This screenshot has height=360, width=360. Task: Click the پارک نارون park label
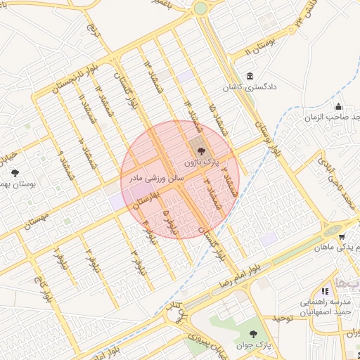point(199,162)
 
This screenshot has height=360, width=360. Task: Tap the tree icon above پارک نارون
point(200,150)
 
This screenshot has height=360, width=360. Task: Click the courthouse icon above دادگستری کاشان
point(250,77)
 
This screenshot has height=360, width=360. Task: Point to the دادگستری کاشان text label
point(248,88)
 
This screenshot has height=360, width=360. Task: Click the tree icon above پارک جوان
point(253,333)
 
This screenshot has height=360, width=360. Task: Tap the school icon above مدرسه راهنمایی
point(324,290)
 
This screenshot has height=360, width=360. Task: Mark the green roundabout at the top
point(201,8)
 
